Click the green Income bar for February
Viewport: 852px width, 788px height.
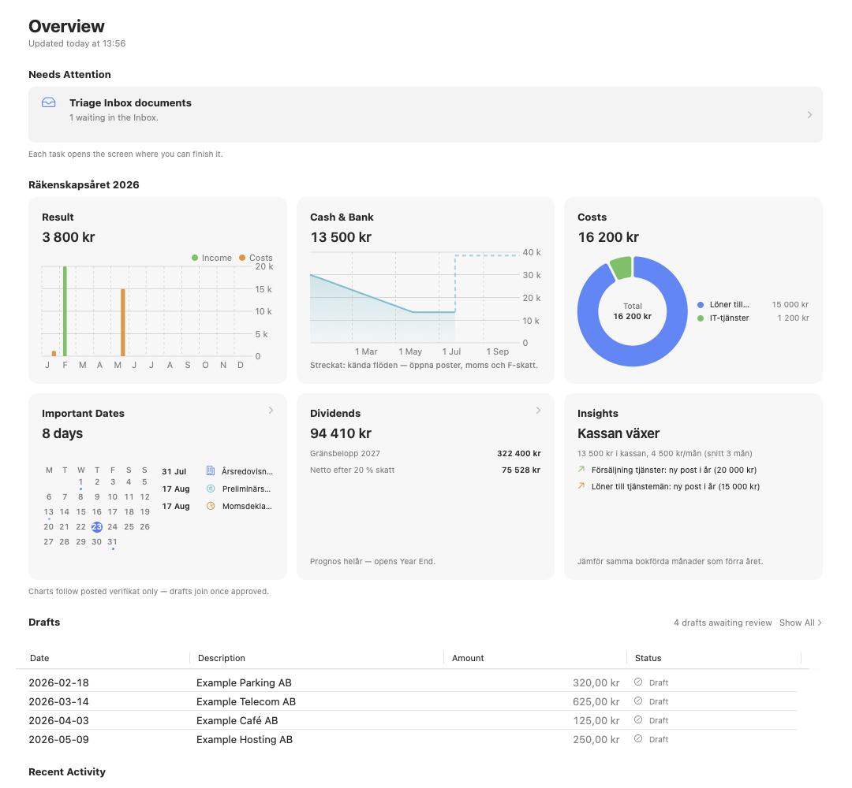(65, 311)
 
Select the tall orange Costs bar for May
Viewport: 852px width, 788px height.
(123, 322)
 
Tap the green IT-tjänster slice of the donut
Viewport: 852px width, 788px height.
(621, 268)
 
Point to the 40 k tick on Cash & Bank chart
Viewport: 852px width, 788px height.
(532, 252)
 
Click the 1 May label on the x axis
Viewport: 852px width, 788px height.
(409, 351)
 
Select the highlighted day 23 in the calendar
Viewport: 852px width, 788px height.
(97, 527)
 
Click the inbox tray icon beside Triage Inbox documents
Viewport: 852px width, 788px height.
(49, 102)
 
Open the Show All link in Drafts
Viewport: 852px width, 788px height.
(801, 623)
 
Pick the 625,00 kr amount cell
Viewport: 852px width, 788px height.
(596, 701)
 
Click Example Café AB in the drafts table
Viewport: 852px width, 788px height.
(237, 721)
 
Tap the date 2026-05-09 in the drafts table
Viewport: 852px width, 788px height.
(58, 740)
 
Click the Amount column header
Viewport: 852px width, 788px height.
(468, 658)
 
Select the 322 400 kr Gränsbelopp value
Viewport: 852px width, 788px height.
(519, 454)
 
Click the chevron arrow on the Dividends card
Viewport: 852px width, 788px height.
(539, 411)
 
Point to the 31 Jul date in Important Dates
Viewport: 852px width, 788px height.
(174, 471)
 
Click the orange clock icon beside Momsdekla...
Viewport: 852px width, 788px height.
(211, 506)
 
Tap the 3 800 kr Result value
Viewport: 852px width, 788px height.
(69, 237)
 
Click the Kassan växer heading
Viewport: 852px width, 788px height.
(618, 433)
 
